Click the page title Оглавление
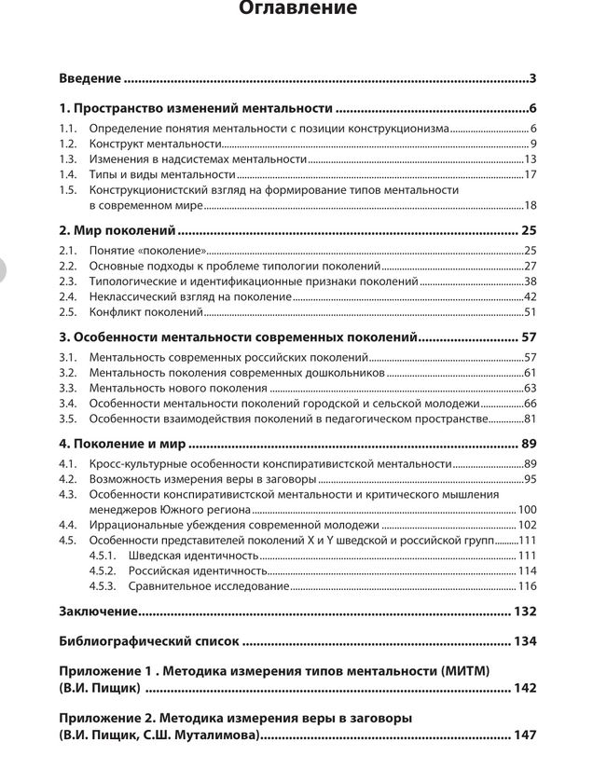[x=297, y=9]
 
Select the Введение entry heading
[x=90, y=78]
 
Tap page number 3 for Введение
[x=531, y=78]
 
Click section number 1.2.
[x=67, y=144]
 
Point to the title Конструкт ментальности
[x=155, y=144]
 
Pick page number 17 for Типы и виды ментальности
[x=530, y=174]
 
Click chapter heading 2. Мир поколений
[x=117, y=229]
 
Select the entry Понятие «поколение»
[x=146, y=251]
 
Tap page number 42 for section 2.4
[x=530, y=296]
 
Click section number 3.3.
[x=67, y=388]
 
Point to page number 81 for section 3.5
[x=530, y=419]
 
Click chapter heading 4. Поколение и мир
[x=121, y=444]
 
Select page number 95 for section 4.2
[x=530, y=479]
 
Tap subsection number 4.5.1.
[x=103, y=556]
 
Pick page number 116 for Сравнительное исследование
[x=527, y=586]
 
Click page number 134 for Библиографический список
[x=524, y=641]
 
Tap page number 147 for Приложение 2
[x=524, y=735]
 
